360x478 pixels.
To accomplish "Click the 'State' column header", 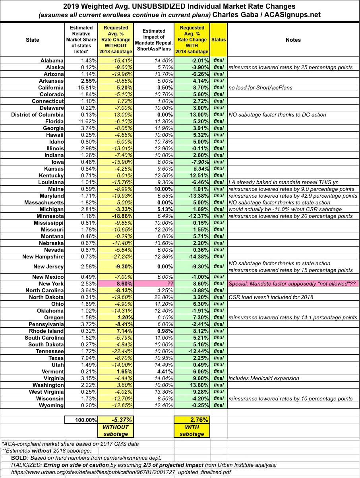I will point(33,40).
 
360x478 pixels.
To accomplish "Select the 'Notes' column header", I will point(293,40).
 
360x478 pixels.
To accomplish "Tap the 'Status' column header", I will point(219,40).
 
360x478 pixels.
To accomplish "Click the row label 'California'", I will point(51,87).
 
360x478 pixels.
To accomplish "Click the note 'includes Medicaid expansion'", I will point(264,378).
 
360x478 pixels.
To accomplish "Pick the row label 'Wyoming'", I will point(51,405).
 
